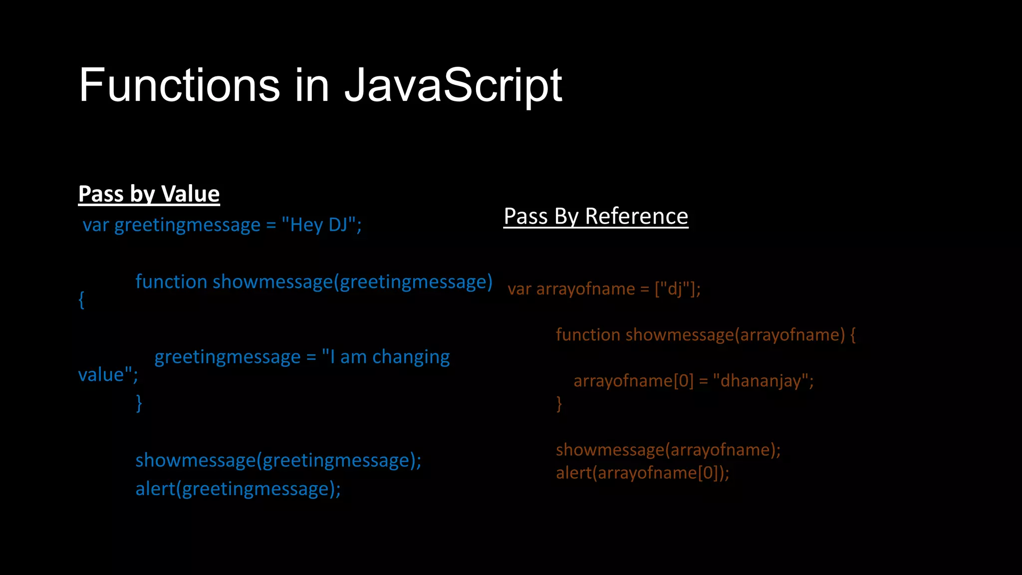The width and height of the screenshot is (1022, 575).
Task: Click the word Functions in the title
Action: pyautogui.click(x=180, y=86)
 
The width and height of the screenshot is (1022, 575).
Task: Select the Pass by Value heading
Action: pyautogui.click(x=149, y=194)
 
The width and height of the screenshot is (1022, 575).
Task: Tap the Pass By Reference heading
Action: pyautogui.click(x=596, y=216)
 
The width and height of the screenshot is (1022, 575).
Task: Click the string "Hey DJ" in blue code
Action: pyautogui.click(x=319, y=225)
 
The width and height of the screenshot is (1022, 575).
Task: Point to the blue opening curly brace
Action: pyautogui.click(x=81, y=300)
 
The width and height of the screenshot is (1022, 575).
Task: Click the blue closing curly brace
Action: pyautogui.click(x=139, y=402)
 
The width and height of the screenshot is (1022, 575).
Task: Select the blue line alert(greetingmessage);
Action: pyautogui.click(x=238, y=489)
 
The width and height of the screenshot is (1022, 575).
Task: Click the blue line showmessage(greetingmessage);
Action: pyautogui.click(x=278, y=460)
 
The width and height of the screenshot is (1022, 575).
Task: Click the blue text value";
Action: pyautogui.click(x=108, y=375)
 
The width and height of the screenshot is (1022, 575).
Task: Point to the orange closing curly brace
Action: pyautogui.click(x=559, y=403)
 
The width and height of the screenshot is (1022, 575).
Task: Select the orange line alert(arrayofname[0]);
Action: pyautogui.click(x=642, y=473)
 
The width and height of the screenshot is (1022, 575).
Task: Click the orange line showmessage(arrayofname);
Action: pyautogui.click(x=668, y=450)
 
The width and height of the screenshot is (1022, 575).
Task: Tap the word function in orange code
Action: pyautogui.click(x=588, y=334)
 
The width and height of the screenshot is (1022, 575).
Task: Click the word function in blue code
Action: pyautogui.click(x=171, y=282)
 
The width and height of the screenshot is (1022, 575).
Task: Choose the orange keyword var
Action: pyautogui.click(x=519, y=289)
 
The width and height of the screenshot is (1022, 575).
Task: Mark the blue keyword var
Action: pyautogui.click(x=95, y=225)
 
